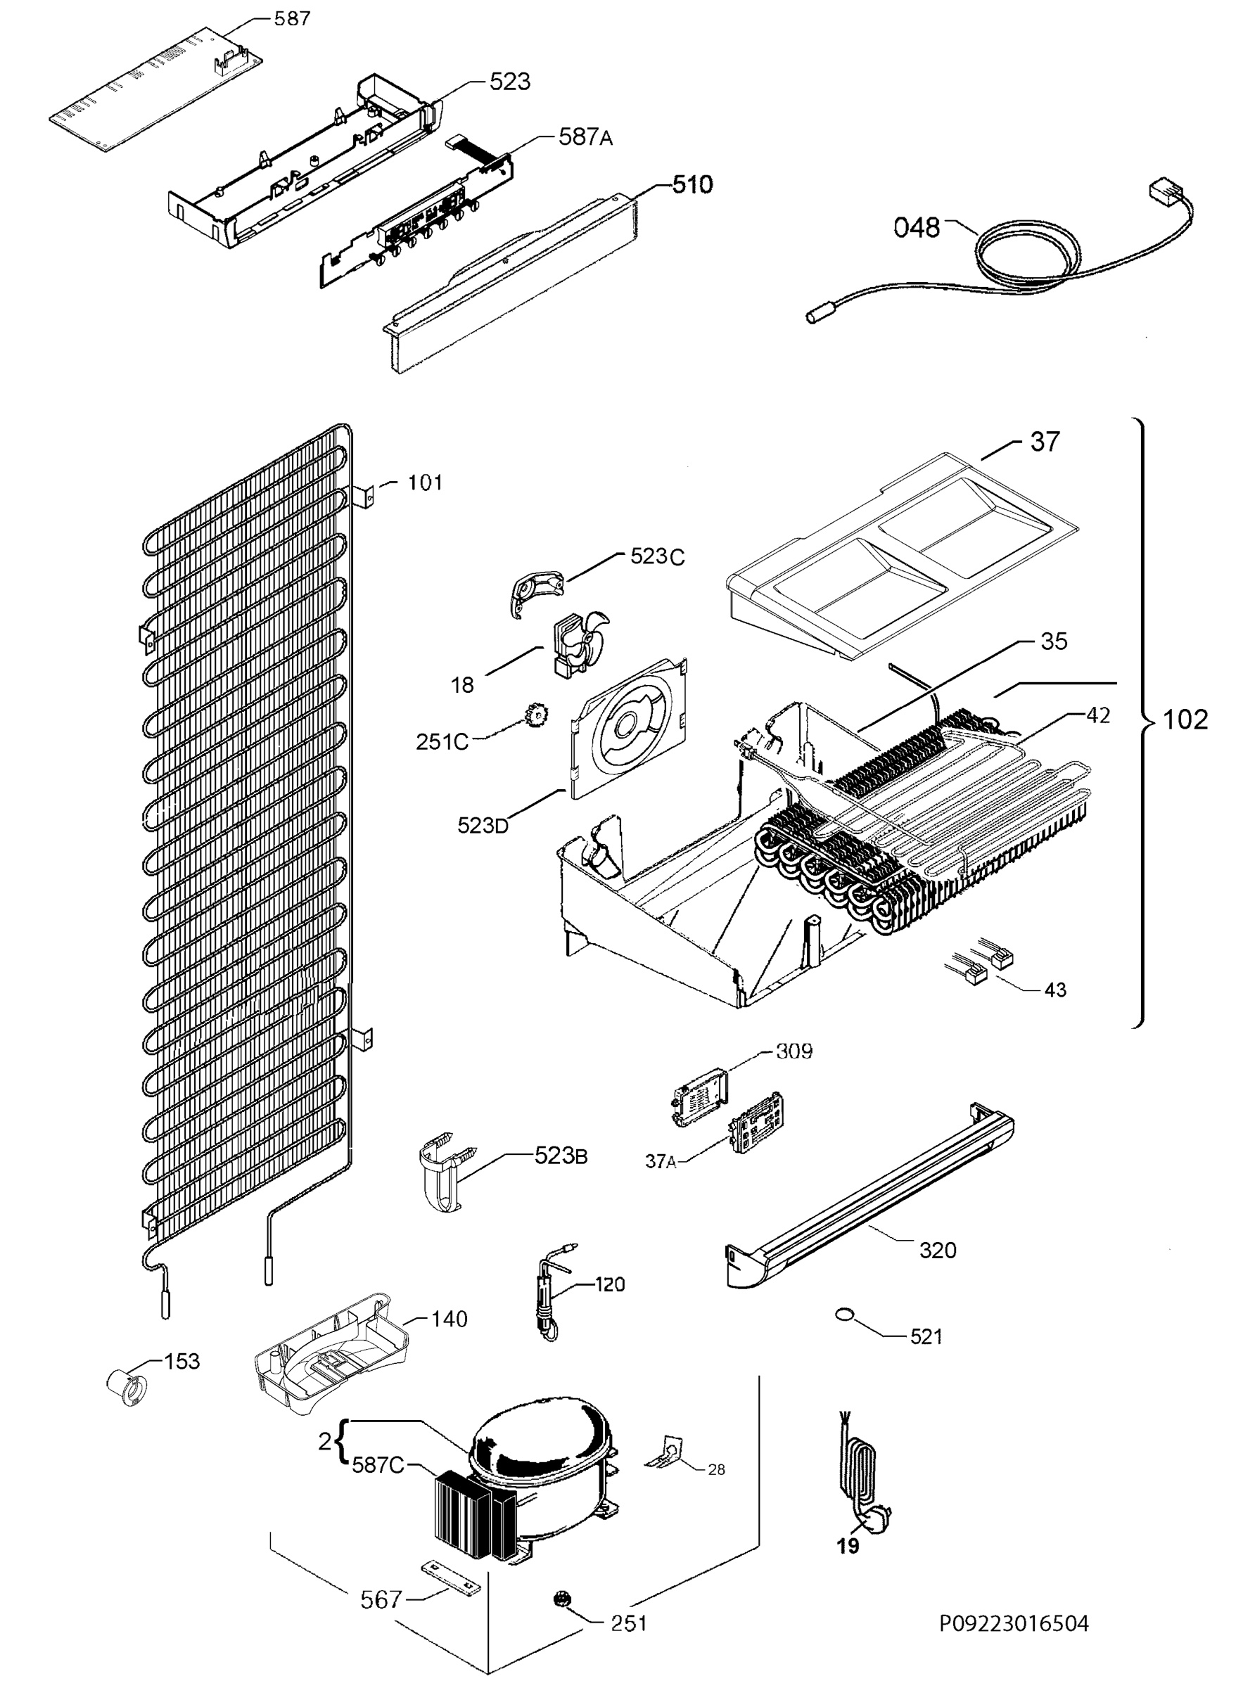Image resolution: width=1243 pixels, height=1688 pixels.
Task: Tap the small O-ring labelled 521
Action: (x=846, y=1314)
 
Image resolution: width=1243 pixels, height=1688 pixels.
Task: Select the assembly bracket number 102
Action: (x=1185, y=720)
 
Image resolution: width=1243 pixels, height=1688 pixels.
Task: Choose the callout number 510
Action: (x=691, y=184)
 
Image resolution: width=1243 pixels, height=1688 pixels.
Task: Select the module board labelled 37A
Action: (x=756, y=1130)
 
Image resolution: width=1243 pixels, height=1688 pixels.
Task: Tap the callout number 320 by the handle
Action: (x=938, y=1251)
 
